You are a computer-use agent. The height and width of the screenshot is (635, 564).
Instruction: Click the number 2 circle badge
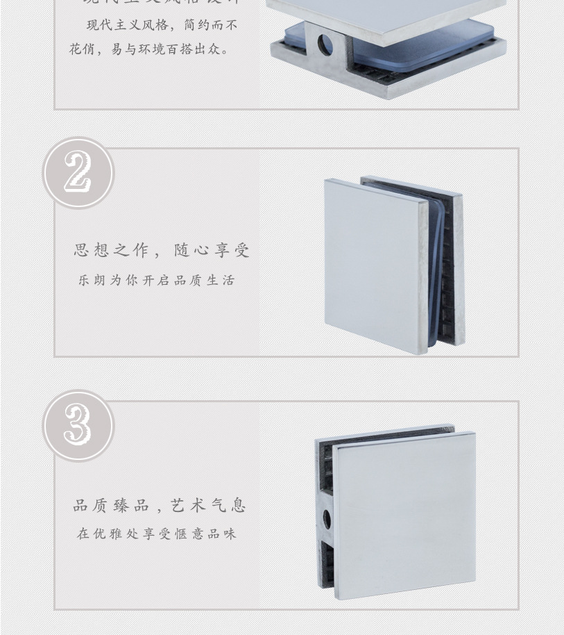78,173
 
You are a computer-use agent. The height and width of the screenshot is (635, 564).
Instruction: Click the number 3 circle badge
78,426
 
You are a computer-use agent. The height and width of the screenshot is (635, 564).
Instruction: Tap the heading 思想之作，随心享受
162,250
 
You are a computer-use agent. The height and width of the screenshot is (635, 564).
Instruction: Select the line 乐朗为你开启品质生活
157,281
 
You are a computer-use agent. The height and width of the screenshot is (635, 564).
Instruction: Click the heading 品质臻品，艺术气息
160,506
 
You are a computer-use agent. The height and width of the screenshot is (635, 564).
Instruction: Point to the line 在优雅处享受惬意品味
157,534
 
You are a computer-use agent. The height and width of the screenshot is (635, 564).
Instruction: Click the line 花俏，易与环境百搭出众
149,50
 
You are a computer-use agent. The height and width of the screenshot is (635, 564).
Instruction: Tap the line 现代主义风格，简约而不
162,25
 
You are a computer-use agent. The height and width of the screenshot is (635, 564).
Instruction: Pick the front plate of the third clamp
404,514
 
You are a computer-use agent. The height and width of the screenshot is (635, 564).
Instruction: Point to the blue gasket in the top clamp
416,49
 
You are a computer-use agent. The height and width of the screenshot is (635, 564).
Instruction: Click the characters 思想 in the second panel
92,250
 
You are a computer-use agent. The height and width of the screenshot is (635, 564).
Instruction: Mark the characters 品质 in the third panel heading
92,506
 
